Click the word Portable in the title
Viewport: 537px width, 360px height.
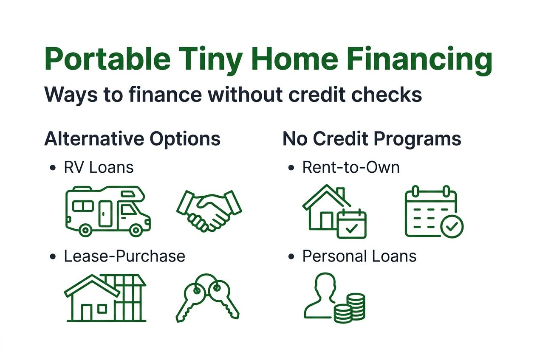click(107, 59)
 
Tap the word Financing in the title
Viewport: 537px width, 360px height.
click(419, 61)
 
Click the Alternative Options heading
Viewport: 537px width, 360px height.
click(132, 139)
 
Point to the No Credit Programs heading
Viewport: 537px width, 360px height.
click(372, 139)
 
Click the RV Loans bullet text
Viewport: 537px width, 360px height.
click(99, 167)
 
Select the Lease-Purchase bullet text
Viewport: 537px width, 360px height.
click(124, 256)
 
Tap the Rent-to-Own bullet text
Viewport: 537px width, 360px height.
click(351, 167)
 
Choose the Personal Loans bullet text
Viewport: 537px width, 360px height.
click(359, 256)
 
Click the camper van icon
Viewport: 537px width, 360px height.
click(108, 211)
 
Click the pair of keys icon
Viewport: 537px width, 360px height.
click(207, 298)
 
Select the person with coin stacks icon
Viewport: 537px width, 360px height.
click(334, 298)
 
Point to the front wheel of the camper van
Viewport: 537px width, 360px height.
click(136, 230)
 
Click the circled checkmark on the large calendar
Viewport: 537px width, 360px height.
click(452, 226)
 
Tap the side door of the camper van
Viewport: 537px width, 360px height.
click(105, 214)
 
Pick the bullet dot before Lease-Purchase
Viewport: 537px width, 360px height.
click(53, 257)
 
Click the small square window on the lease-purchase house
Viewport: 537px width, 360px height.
click(102, 309)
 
